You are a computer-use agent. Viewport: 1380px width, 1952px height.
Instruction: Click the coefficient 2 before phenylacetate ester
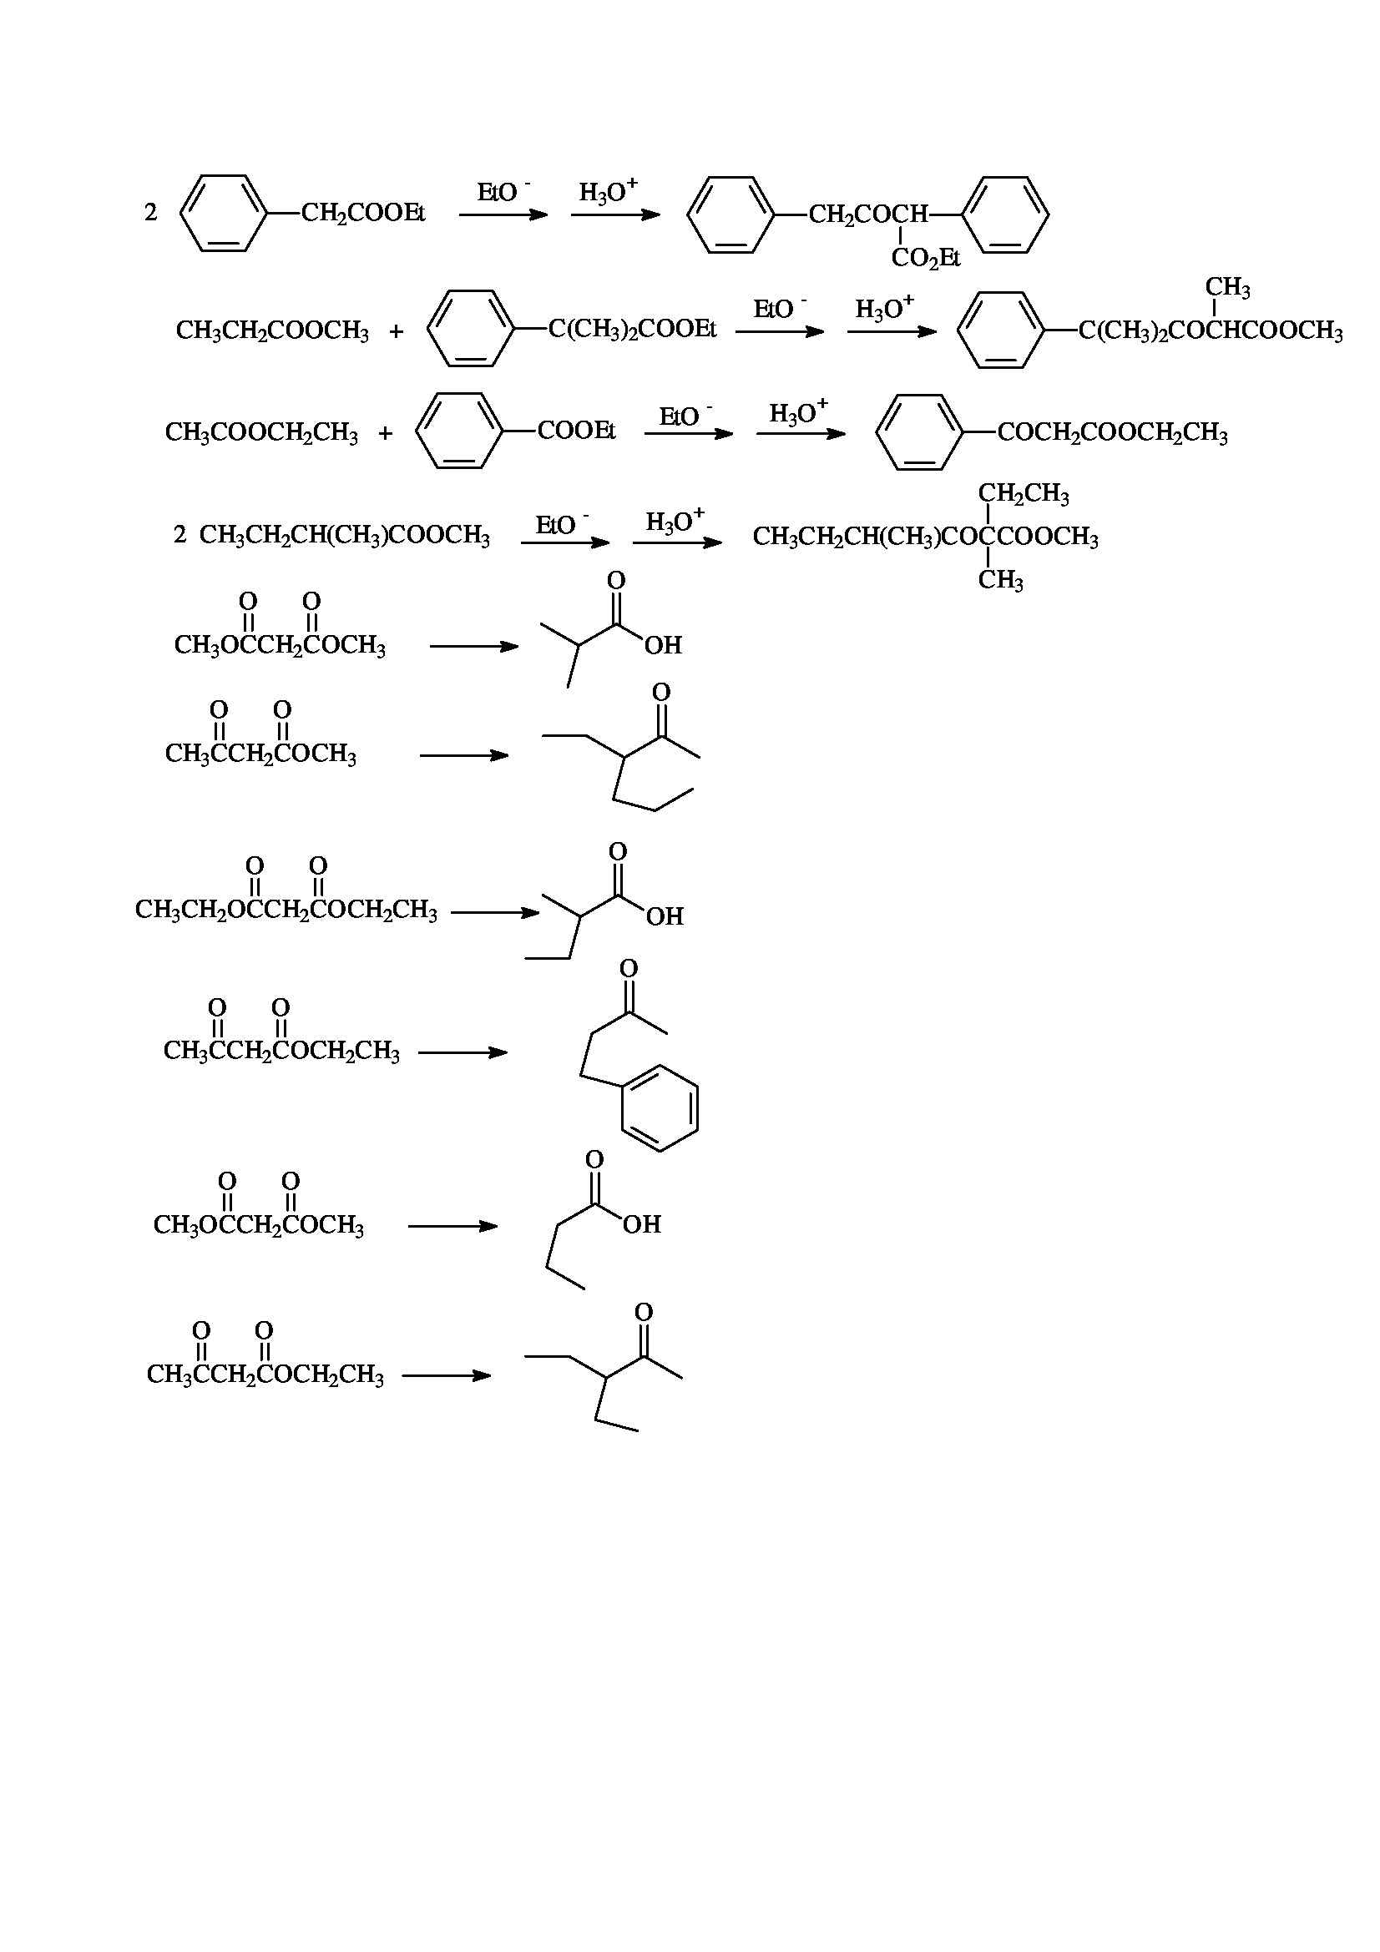point(150,213)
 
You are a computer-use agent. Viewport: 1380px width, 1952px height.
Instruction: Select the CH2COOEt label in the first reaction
point(363,213)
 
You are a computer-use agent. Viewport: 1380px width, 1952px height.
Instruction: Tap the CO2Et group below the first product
point(925,258)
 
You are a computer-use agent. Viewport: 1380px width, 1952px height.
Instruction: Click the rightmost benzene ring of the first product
point(1007,214)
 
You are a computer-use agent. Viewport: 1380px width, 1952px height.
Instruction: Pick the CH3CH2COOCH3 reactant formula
point(272,330)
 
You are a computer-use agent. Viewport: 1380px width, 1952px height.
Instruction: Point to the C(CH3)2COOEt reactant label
point(632,330)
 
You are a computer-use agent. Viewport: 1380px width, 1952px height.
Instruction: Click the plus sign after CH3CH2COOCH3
point(397,331)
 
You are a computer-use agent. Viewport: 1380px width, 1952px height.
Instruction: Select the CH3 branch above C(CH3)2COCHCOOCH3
point(1227,289)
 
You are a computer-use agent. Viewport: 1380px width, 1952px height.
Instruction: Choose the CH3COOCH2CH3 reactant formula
point(261,433)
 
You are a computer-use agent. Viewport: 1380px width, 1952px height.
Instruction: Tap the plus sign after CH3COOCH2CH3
point(385,434)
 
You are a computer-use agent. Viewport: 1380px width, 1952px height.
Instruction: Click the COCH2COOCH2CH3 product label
point(1112,434)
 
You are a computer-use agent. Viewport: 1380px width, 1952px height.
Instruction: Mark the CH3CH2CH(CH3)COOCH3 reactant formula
point(344,536)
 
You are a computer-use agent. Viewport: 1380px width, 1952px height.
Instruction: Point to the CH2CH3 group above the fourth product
point(1023,494)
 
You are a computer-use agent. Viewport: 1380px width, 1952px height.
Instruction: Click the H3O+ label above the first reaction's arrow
point(608,191)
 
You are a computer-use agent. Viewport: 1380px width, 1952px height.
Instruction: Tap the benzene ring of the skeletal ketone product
point(660,1107)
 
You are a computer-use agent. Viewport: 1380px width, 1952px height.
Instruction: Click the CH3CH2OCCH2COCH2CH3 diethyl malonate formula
point(286,910)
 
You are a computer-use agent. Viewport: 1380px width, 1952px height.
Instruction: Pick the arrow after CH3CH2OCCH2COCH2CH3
point(494,913)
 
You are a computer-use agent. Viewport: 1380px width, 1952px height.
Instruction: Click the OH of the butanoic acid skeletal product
point(642,1225)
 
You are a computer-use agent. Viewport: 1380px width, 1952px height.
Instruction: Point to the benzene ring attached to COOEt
point(460,431)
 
